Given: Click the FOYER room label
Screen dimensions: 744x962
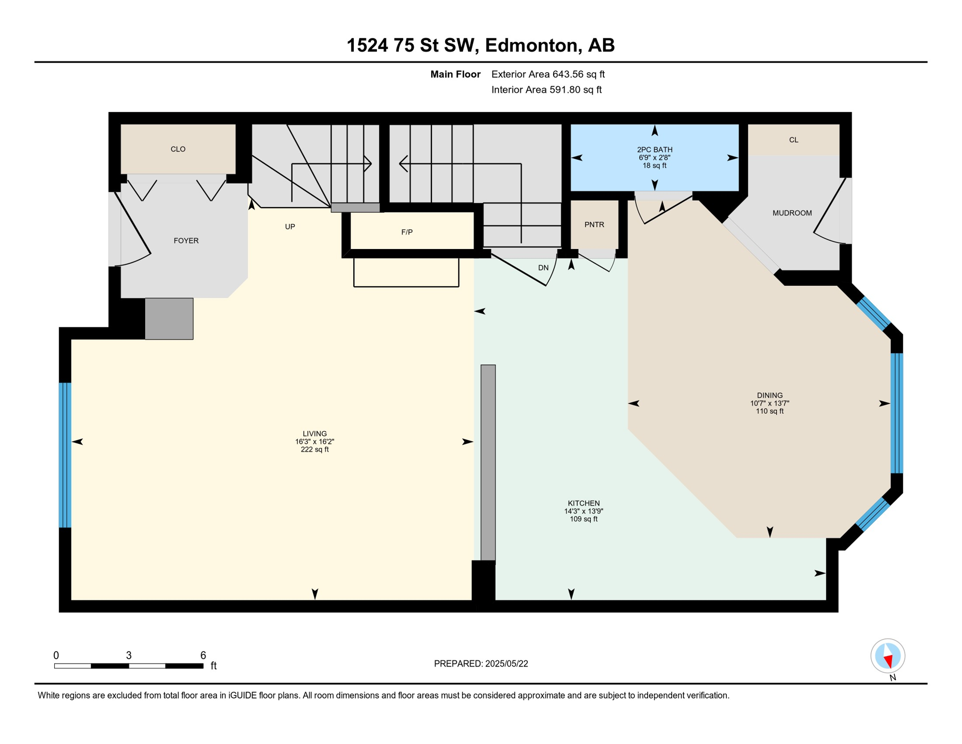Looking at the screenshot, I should tap(186, 241).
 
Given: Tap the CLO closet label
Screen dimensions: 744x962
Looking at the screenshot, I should tap(178, 149).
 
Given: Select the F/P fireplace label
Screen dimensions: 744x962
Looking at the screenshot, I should tap(406, 232).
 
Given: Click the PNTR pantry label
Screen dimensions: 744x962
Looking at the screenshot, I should tap(594, 225).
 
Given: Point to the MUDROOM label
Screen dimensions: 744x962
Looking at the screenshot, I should tap(792, 213).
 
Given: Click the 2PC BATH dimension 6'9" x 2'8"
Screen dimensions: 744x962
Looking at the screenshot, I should tap(654, 158).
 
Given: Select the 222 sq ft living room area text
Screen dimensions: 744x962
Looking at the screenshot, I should tap(315, 449).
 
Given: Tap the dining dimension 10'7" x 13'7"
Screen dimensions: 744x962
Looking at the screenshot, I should tap(769, 403).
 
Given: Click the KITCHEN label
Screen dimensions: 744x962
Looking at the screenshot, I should tap(584, 503).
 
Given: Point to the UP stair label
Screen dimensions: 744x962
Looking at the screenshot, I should tap(290, 227).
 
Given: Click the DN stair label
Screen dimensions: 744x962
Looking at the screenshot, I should tap(543, 268).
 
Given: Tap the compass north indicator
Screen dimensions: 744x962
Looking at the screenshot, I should tap(887, 656).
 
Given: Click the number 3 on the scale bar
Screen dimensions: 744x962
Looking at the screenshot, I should tap(129, 655).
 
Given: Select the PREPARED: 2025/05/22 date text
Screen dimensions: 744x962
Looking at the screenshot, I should tap(481, 664).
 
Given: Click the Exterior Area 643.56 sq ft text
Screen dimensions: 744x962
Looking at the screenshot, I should tap(548, 74).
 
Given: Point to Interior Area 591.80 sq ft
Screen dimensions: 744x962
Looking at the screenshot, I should tap(546, 90).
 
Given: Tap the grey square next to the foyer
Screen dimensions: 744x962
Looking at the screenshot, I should tap(169, 318).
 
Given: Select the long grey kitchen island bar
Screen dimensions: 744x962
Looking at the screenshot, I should tap(488, 463).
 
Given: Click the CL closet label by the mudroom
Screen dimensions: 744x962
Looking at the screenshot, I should tap(793, 140).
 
